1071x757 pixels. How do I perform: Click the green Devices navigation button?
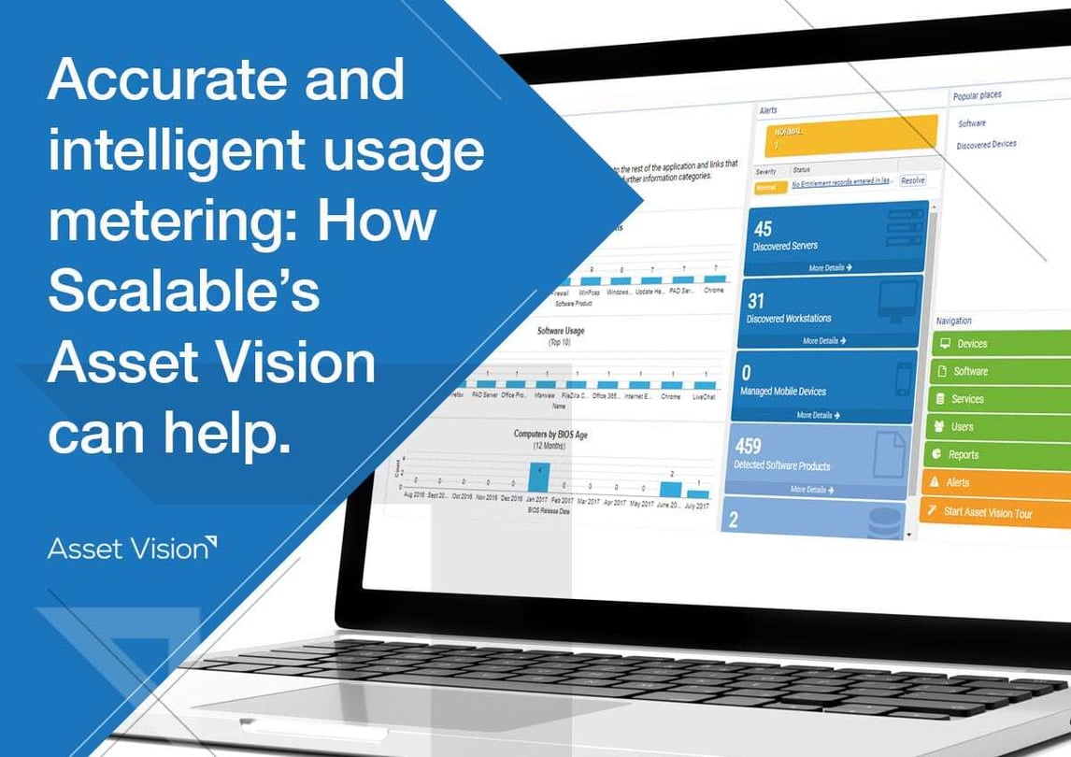pyautogui.click(x=1000, y=344)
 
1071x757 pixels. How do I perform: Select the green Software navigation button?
pyautogui.click(x=1000, y=371)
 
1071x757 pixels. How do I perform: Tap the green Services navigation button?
pyautogui.click(x=1000, y=399)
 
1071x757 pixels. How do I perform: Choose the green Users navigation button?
pyautogui.click(x=1000, y=427)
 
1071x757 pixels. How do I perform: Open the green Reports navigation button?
pyautogui.click(x=1000, y=455)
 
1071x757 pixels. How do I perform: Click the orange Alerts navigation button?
pyautogui.click(x=1000, y=483)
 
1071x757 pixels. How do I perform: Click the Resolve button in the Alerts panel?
pyautogui.click(x=912, y=180)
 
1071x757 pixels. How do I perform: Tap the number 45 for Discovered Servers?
pyautogui.click(x=763, y=229)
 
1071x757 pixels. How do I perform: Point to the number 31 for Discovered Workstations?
pyautogui.click(x=756, y=301)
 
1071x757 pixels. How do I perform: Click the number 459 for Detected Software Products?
pyautogui.click(x=749, y=446)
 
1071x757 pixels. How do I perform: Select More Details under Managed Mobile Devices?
pyautogui.click(x=817, y=415)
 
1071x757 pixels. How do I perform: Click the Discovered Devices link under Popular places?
pyautogui.click(x=986, y=144)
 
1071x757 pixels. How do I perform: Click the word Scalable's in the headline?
pyautogui.click(x=183, y=291)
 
